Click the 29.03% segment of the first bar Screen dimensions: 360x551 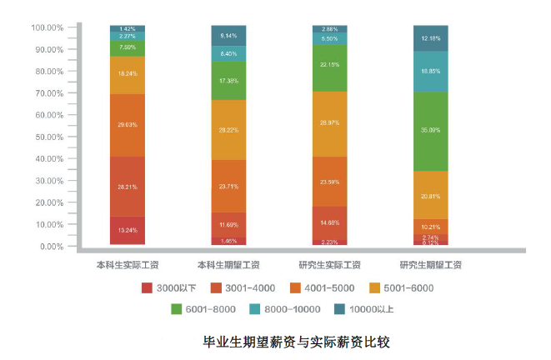[x=128, y=124]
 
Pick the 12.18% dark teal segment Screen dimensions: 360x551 [x=431, y=38]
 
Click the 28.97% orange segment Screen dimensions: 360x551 [x=329, y=123]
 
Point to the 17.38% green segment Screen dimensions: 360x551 [x=228, y=80]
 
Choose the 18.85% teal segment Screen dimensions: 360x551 [x=431, y=72]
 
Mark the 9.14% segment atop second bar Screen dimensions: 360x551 [x=228, y=36]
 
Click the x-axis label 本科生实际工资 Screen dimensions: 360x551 [x=128, y=266]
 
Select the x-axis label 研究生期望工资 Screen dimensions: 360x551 [x=431, y=266]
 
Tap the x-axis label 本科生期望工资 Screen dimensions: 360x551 [x=228, y=266]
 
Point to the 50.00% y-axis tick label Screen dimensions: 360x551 [x=48, y=137]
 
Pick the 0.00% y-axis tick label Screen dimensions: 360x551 [x=50, y=247]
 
